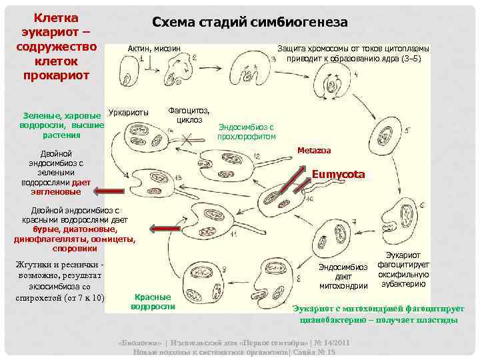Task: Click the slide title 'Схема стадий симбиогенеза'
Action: [250, 22]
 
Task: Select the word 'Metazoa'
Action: [314, 150]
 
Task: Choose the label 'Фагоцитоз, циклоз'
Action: [189, 115]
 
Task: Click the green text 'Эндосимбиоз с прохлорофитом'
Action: [246, 131]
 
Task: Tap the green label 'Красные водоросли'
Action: [153, 301]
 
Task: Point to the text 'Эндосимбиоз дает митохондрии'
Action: [343, 277]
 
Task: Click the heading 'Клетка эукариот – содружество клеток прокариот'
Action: [56, 45]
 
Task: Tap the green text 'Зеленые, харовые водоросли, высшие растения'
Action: [62, 125]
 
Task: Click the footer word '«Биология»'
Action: [138, 342]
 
